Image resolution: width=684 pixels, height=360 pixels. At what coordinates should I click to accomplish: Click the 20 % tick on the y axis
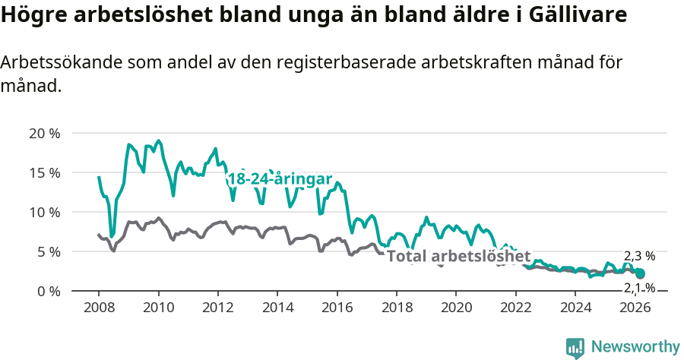pos(44,133)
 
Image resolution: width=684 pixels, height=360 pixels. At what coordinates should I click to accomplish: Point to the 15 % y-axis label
pos(44,172)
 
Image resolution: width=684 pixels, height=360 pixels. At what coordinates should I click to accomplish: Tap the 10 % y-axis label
pos(44,212)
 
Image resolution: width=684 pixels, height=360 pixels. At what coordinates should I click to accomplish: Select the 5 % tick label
pos(47,251)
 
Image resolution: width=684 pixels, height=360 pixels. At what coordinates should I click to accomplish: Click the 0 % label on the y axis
pos(47,291)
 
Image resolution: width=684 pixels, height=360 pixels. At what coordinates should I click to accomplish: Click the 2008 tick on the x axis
pos(99,307)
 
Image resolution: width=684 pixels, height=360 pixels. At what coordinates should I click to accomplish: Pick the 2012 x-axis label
pos(218,307)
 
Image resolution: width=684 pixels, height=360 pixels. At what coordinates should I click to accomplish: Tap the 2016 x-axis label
pos(337,307)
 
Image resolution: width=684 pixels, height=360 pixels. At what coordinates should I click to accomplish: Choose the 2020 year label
pos(456,307)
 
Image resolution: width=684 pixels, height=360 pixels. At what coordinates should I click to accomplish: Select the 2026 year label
pos(635,307)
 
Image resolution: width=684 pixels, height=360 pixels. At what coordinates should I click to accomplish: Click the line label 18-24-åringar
pos(280,179)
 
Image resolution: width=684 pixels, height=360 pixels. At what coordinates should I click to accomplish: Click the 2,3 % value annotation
pos(639,256)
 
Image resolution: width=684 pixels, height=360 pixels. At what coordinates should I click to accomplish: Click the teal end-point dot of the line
pos(640,273)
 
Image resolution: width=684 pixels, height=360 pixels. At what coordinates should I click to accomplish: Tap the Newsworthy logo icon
pos(575,347)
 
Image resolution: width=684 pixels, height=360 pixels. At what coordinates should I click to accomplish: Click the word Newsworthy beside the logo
pos(635,347)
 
